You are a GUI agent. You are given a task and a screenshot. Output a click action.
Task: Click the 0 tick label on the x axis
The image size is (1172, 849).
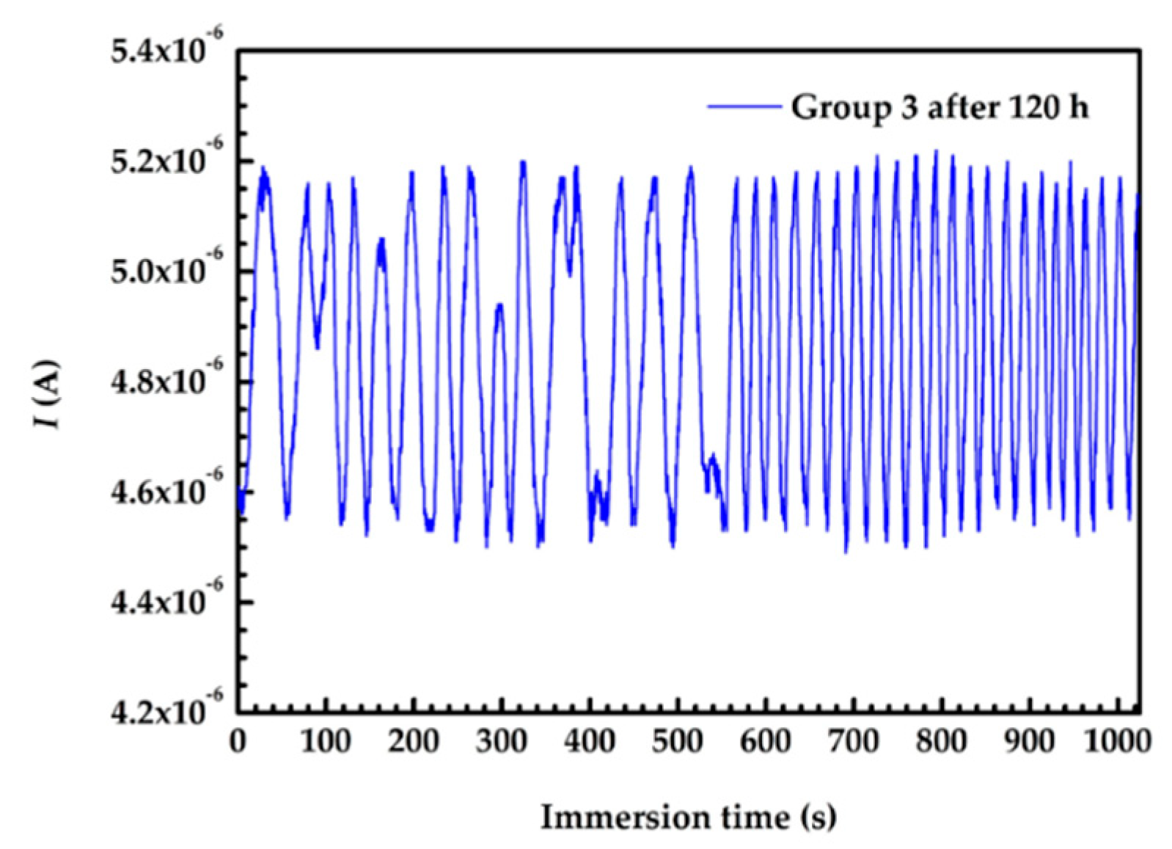[238, 741]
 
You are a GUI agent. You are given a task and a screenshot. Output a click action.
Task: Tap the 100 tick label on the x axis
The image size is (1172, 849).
[325, 741]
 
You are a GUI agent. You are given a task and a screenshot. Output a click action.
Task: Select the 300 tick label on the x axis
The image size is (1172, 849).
[501, 741]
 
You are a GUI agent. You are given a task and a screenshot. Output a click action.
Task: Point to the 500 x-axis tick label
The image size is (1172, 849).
[677, 741]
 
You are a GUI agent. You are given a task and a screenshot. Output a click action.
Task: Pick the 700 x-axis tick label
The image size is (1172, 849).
[854, 741]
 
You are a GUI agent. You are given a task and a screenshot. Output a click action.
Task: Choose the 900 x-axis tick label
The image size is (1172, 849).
[1030, 741]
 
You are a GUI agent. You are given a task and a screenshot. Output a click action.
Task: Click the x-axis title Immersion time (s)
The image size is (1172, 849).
[688, 817]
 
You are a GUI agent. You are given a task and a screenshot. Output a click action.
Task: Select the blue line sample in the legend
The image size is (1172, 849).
[744, 107]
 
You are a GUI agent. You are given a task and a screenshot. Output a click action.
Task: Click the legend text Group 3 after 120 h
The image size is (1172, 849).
[939, 107]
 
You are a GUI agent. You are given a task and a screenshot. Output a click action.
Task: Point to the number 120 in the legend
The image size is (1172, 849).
[1031, 107]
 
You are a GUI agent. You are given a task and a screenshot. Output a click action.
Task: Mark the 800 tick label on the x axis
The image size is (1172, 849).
[942, 741]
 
